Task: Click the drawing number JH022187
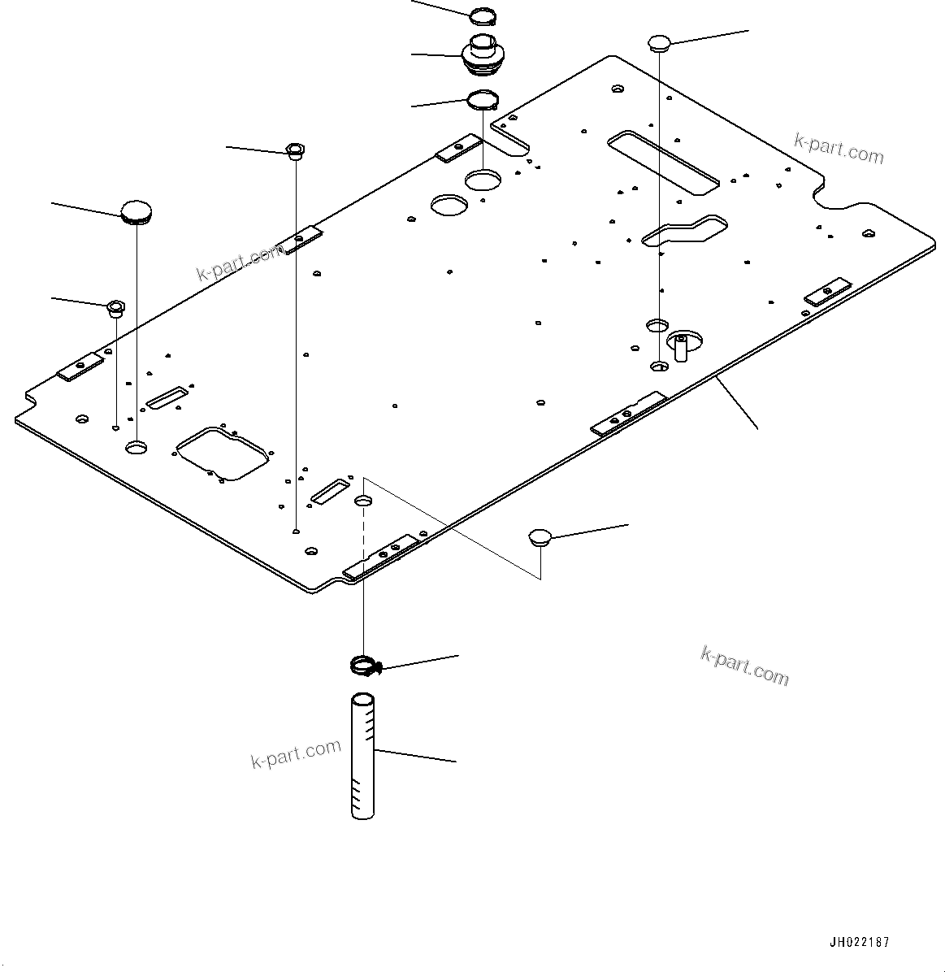[x=859, y=943]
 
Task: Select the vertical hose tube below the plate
[x=363, y=756]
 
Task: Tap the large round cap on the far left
[x=136, y=212]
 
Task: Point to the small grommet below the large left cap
[x=115, y=307]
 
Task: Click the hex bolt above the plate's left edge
[x=295, y=150]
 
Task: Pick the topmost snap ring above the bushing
[x=483, y=14]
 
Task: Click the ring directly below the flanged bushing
[x=481, y=101]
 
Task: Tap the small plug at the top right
[x=658, y=42]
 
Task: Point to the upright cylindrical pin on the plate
[x=681, y=347]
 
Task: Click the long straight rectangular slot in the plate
[x=662, y=162]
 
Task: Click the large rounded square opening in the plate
[x=221, y=451]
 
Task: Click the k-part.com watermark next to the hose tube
[x=295, y=753]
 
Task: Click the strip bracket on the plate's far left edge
[x=80, y=367]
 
